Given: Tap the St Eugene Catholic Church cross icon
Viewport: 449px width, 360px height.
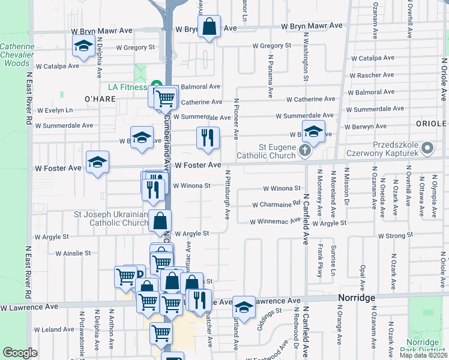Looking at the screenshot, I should click(305, 150).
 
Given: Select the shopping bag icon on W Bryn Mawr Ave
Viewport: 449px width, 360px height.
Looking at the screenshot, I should click(208, 27).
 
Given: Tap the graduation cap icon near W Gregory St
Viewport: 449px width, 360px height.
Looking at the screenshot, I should click(83, 46).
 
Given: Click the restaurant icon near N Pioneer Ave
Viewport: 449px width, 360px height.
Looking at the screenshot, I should click(208, 137).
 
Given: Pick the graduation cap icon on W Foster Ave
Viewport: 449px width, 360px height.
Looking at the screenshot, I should click(97, 162).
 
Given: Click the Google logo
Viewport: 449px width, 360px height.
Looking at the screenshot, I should click(20, 353).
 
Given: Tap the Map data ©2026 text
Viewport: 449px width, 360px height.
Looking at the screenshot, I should click(423, 355).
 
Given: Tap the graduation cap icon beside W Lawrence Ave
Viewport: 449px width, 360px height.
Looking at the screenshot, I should click(243, 307).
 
